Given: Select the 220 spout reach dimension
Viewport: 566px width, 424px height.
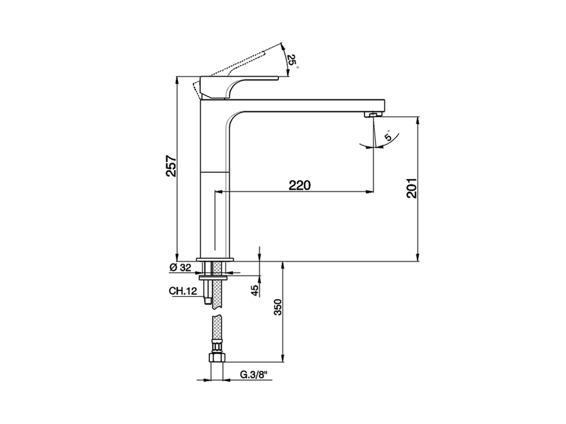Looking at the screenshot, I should click(300, 185).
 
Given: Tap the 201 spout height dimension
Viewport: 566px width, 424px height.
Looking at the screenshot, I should click(411, 188).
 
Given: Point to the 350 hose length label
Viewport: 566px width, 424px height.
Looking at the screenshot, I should click(278, 307).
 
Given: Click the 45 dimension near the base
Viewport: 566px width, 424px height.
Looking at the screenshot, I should click(255, 290).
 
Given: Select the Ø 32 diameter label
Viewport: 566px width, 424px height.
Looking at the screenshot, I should click(180, 267).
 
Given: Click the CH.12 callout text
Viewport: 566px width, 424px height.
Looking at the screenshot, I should click(182, 291).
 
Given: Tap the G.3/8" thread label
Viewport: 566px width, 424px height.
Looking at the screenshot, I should click(254, 375).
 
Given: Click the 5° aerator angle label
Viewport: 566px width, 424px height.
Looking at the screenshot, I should click(387, 135).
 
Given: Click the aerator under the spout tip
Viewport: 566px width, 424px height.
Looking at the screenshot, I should click(372, 115).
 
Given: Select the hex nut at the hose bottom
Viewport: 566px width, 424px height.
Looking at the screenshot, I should click(217, 358).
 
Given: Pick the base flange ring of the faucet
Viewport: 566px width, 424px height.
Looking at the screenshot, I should click(214, 259).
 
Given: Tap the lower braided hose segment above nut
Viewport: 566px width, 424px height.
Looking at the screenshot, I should click(216, 331).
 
